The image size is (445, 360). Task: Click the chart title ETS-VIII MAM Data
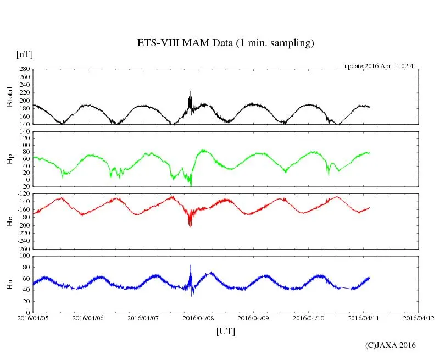(225, 43)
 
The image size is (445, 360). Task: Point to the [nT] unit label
(24, 54)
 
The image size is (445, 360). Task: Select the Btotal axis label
(9, 97)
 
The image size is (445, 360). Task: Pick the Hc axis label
(9, 221)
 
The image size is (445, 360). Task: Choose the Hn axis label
(9, 284)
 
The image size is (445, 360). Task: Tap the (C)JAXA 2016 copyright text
(390, 345)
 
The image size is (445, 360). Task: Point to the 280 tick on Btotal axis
(24, 69)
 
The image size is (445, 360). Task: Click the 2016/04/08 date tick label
(198, 318)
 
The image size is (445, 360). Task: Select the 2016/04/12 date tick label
(419, 318)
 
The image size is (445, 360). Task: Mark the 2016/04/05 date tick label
(33, 318)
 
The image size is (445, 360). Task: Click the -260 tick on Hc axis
(22, 248)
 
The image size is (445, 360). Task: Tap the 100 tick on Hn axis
(24, 256)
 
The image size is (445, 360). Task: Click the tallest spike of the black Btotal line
(191, 91)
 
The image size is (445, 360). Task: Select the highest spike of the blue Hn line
(191, 265)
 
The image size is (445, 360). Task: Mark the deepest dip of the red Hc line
(190, 225)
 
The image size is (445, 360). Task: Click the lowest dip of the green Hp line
(191, 186)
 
